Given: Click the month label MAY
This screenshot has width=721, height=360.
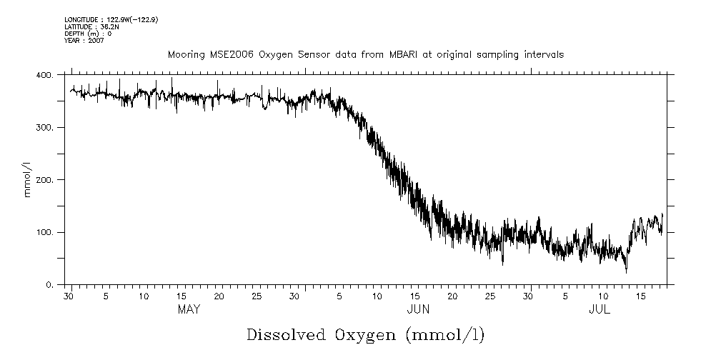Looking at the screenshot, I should [189, 309].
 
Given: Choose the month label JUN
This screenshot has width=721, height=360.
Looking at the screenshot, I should [418, 309].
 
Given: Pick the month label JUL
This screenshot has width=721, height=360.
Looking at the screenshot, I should [600, 309].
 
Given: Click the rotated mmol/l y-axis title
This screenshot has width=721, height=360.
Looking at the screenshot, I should [27, 180].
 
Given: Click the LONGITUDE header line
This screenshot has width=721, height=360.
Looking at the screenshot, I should [111, 20].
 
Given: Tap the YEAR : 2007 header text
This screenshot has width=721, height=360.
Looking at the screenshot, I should [84, 41].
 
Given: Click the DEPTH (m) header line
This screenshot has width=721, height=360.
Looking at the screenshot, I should [88, 34].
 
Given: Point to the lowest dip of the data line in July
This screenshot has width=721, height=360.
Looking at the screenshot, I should [627, 272].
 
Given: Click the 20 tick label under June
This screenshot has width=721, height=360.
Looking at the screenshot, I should [452, 296].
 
